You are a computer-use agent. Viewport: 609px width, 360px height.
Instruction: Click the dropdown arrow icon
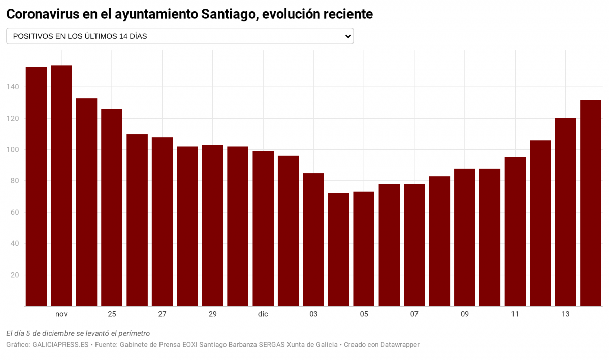[x=348, y=36]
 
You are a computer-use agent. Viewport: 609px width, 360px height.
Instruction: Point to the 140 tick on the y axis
[x=13, y=87]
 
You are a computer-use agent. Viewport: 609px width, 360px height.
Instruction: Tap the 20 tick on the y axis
[x=14, y=275]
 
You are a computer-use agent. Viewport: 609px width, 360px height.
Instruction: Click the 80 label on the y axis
[x=14, y=181]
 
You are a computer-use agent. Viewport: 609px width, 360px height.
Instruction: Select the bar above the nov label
[x=61, y=185]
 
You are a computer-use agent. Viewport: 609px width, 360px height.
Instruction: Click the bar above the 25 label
[x=112, y=207]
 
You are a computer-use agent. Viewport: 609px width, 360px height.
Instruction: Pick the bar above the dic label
[x=263, y=228]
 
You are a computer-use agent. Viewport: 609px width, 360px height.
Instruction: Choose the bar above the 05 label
[x=364, y=249]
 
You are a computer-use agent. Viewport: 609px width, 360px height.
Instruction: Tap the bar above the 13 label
[x=565, y=212]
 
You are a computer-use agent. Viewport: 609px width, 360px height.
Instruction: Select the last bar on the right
[x=591, y=203]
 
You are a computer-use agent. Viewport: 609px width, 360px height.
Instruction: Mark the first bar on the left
[x=36, y=186]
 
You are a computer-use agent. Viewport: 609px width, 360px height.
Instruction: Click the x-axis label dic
[x=263, y=314]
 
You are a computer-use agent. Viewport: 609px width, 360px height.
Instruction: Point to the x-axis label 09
[x=465, y=314]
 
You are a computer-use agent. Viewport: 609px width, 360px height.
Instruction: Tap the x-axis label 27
[x=162, y=314]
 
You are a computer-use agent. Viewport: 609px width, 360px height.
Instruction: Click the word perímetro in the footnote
[x=134, y=334]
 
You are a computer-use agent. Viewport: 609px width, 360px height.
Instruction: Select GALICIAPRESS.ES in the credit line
[x=60, y=345]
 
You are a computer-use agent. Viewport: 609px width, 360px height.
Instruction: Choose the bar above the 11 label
[x=515, y=232]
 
